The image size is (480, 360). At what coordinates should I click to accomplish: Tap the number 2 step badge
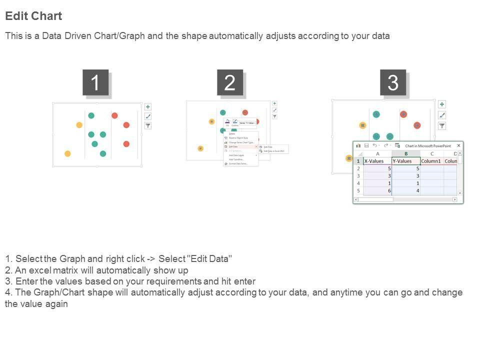click(x=230, y=82)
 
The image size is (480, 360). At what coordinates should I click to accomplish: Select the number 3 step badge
click(x=393, y=82)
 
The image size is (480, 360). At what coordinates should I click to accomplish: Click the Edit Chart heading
click(x=33, y=16)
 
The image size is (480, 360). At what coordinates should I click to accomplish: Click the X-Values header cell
click(x=377, y=161)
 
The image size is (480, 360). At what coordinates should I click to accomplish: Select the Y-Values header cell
click(x=405, y=161)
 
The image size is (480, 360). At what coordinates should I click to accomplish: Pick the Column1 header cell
click(x=431, y=161)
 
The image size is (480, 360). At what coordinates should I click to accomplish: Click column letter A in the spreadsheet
click(x=377, y=153)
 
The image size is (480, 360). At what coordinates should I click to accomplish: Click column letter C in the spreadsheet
click(x=431, y=153)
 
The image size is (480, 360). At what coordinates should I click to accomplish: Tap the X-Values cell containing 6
click(x=377, y=190)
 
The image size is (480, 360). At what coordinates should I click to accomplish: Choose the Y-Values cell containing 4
click(x=405, y=190)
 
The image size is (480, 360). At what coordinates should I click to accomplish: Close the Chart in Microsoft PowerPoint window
click(x=458, y=145)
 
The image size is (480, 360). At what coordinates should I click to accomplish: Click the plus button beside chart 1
click(x=148, y=106)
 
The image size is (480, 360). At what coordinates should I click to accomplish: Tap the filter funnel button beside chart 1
click(x=148, y=125)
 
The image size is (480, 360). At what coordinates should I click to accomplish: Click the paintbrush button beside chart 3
click(x=442, y=115)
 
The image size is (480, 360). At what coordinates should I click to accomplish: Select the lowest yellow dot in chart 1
click(x=67, y=153)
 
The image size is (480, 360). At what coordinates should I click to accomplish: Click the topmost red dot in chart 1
click(x=114, y=115)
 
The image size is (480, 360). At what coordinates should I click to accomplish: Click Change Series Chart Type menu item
click(x=241, y=142)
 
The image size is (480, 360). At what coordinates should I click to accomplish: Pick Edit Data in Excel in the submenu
click(x=273, y=150)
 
